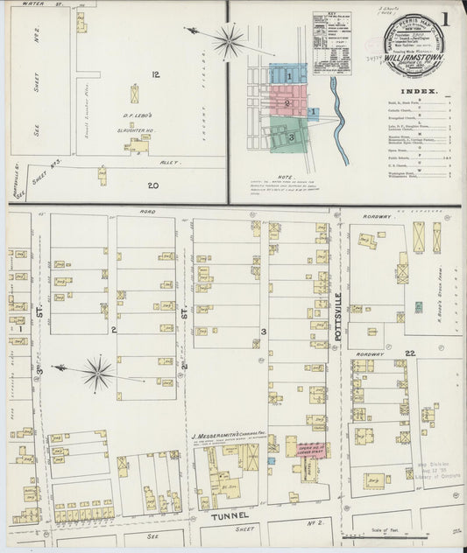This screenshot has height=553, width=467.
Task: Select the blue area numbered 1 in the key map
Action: pos(288,75)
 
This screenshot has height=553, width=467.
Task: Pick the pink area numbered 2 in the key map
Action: pos(287,102)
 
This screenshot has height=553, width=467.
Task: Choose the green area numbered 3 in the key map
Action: pos(290,137)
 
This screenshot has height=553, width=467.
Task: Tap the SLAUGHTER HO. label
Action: pos(137,124)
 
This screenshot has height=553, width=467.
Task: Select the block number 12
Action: pos(155,74)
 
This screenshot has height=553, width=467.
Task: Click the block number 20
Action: pos(152,185)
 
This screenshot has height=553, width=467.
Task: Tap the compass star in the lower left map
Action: pos(97,373)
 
